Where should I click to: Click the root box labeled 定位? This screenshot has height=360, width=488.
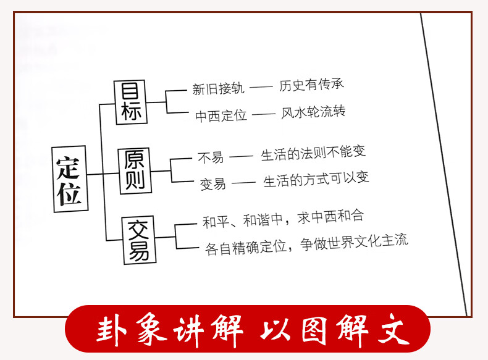point(69,179)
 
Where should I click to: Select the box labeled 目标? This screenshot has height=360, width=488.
point(132,103)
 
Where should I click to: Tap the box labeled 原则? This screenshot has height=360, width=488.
point(135,170)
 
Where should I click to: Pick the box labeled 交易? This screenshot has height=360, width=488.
point(138,239)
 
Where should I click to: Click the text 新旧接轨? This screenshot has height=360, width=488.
point(218,89)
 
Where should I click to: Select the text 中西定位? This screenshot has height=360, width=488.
point(221,115)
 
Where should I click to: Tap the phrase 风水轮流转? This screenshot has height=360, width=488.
point(313,112)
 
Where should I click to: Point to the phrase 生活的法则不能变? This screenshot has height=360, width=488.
point(314,154)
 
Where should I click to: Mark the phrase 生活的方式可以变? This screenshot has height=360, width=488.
point(316,180)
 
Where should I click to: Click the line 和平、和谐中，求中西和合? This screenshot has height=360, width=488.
point(284,218)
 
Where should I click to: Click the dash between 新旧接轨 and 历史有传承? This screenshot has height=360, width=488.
point(262,88)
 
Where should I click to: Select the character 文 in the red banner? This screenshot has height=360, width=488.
point(394,332)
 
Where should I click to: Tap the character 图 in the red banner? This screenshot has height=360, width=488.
point(314,332)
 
